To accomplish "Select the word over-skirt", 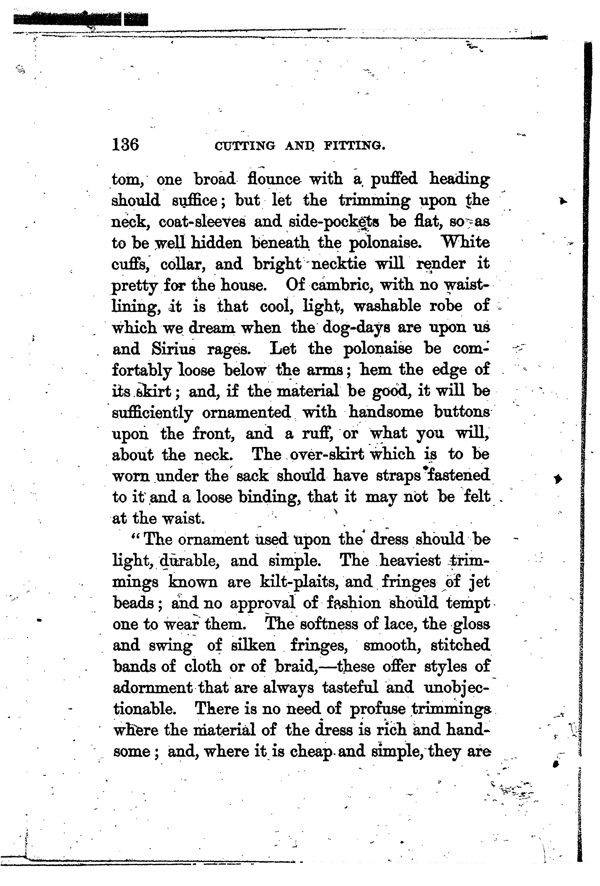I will pos(327,454).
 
